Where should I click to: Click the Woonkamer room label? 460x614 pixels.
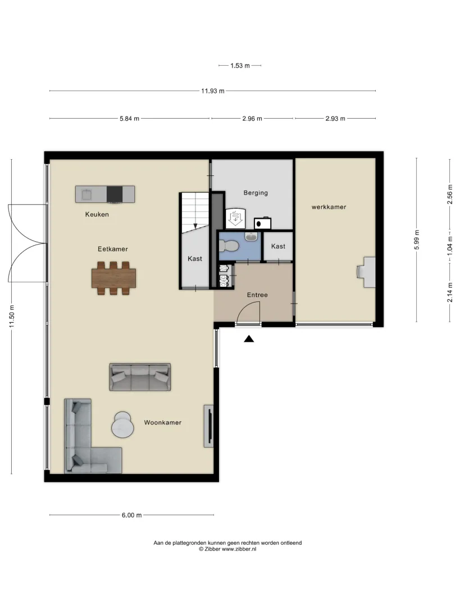point(163,422)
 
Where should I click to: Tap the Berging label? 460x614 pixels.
point(256,193)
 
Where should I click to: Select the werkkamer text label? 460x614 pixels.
point(329,207)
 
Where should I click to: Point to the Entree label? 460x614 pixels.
point(257,295)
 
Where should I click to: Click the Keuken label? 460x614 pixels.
point(97,214)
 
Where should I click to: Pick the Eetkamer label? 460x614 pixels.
point(113,249)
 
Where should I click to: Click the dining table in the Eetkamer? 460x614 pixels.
point(114,278)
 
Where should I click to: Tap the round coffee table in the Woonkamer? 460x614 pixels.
point(122,425)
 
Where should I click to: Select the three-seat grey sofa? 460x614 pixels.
point(140,377)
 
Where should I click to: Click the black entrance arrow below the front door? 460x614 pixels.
point(249,338)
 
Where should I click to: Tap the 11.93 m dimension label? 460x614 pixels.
point(213,91)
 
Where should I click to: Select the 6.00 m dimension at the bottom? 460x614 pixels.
point(131,515)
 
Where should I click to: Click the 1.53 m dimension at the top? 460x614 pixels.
point(240,66)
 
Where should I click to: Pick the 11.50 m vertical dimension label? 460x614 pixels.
point(12,317)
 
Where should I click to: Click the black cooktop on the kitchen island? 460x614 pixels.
point(115,194)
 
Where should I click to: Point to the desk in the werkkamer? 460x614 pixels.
point(367,272)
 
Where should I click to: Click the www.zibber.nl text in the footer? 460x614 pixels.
point(239,549)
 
